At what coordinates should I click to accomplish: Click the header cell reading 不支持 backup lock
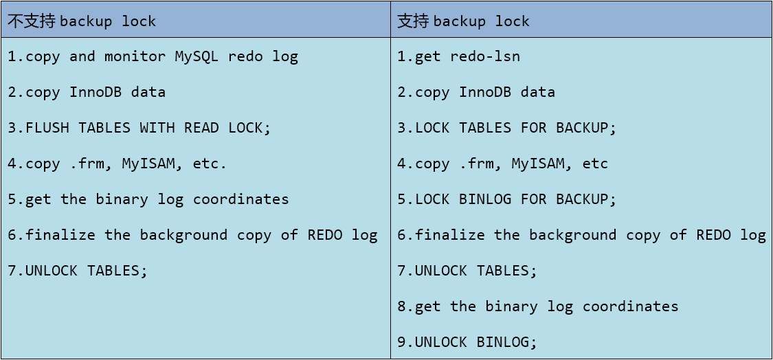(196, 20)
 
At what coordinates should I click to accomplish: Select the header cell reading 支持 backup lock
(581, 20)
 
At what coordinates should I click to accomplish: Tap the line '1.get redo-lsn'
(458, 57)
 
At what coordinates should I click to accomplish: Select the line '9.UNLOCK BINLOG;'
(467, 341)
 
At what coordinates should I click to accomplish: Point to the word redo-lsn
(486, 57)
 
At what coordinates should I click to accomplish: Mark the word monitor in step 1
(135, 57)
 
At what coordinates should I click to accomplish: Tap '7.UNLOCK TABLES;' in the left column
(78, 271)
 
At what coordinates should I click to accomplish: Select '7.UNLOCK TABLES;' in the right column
(467, 271)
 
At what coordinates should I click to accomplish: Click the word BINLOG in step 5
(486, 199)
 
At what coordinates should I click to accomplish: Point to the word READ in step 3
(201, 128)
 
